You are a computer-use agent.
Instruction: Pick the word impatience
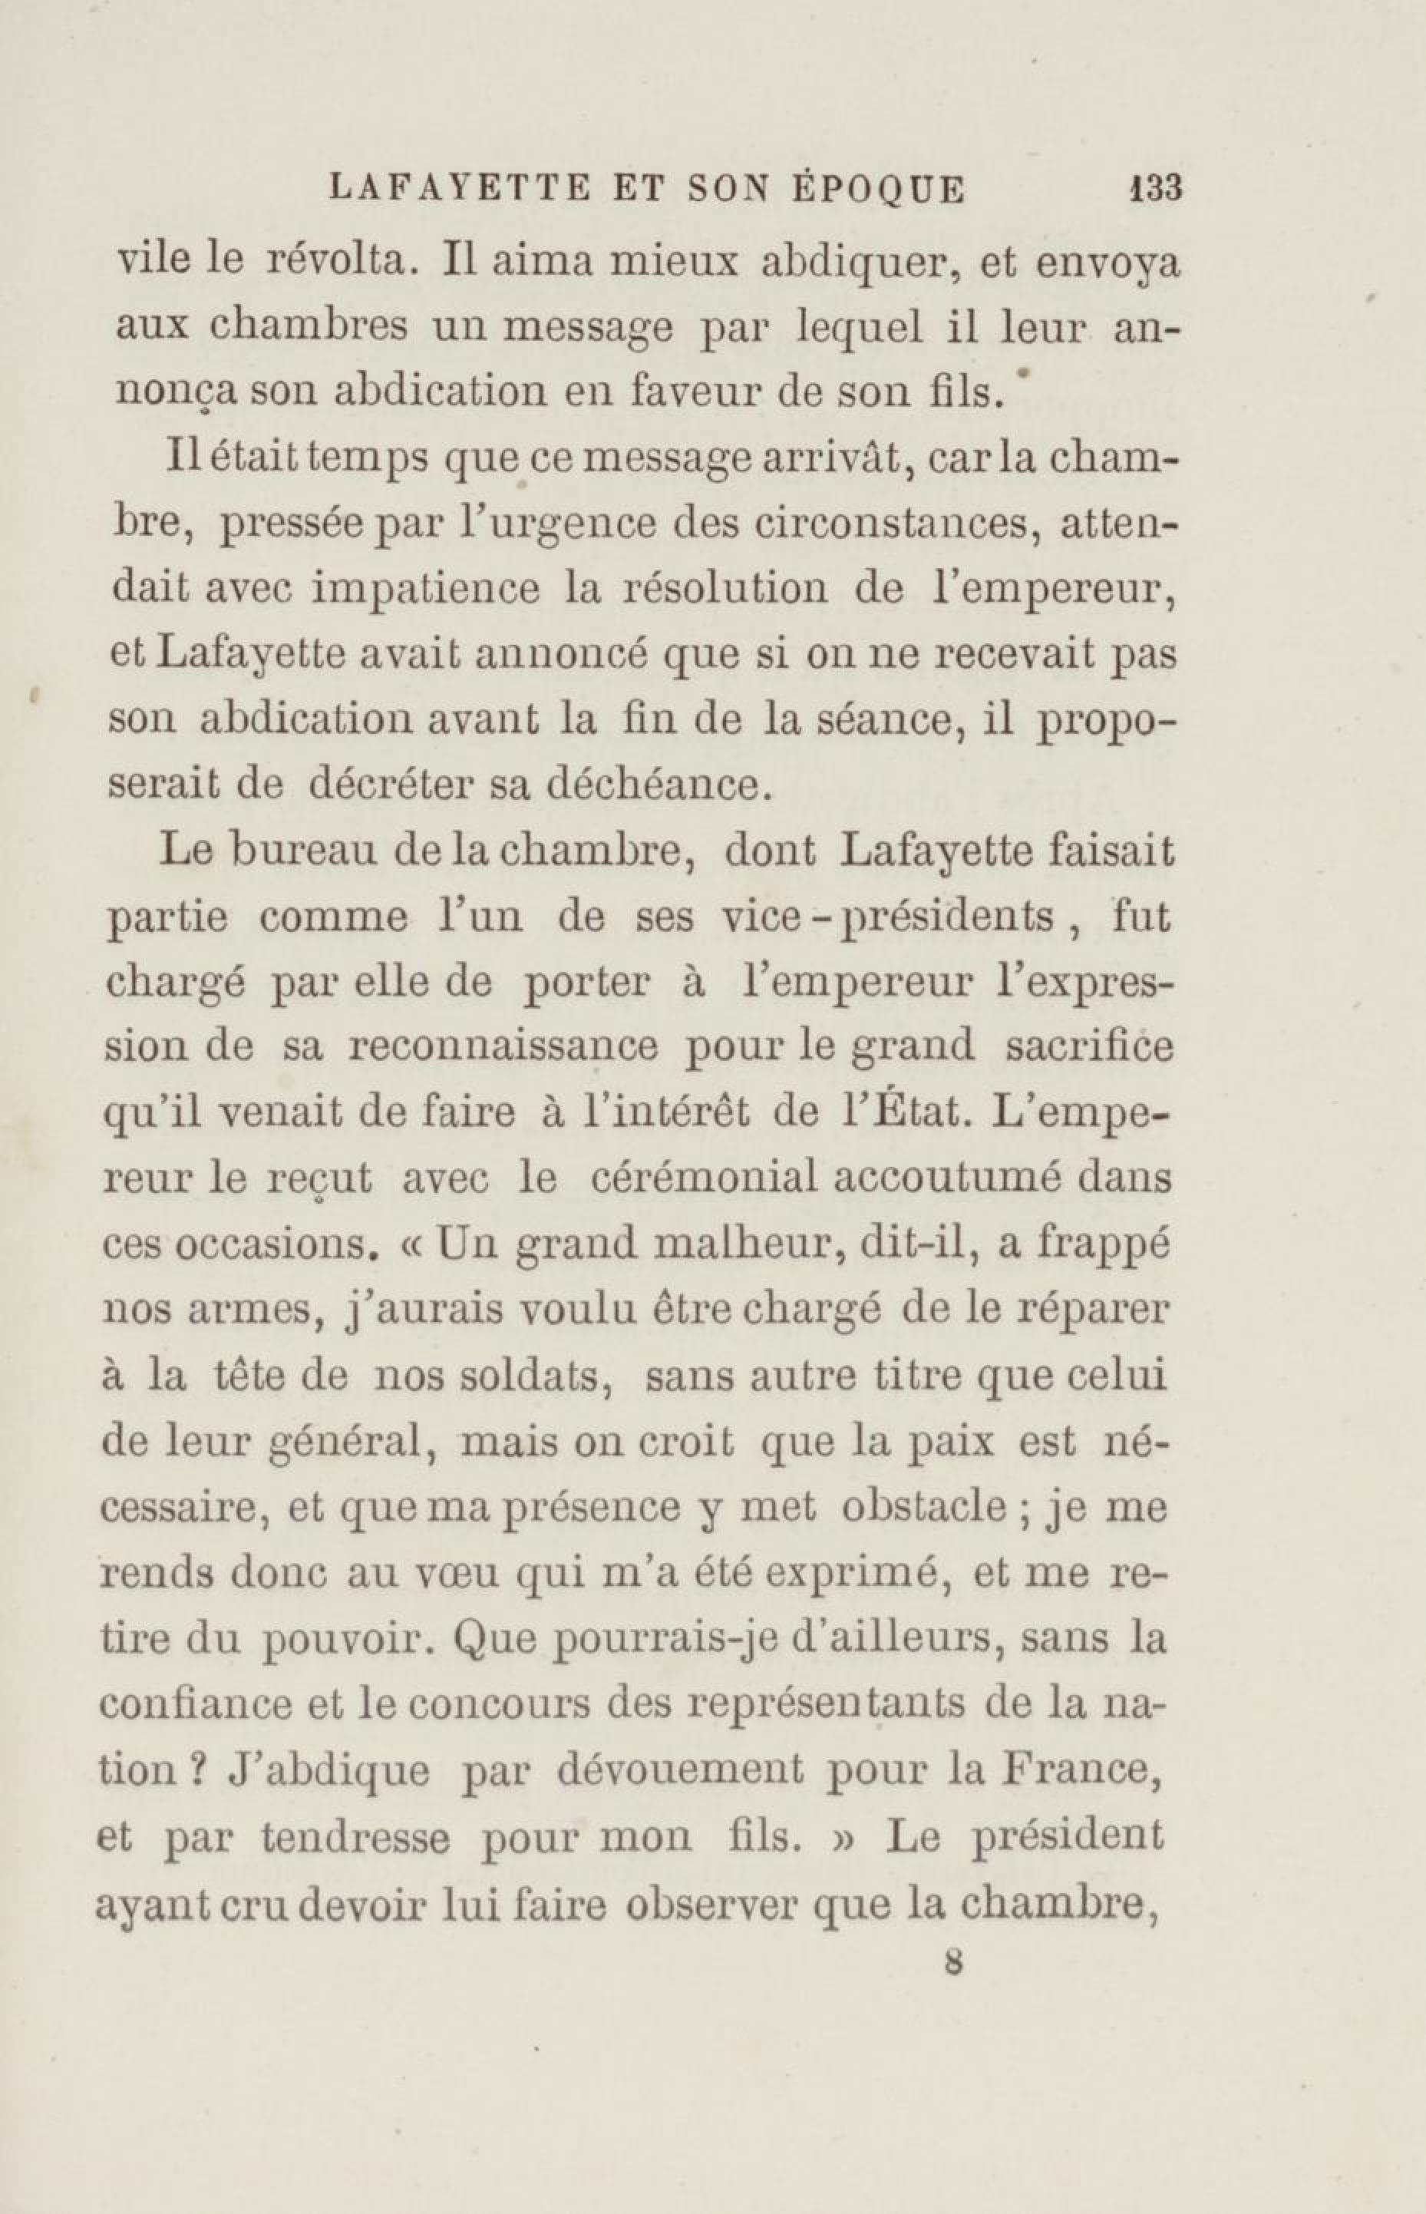pyautogui.click(x=424, y=590)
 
